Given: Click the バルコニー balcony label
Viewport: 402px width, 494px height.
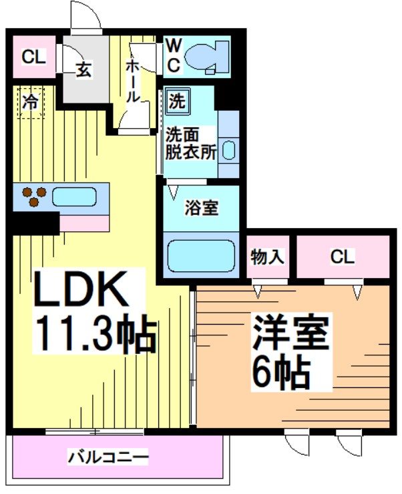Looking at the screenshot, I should pos(107,458).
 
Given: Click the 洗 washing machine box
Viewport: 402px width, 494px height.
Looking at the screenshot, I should pos(177,102).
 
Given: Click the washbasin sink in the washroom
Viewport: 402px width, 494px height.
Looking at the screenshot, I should pos(228,150).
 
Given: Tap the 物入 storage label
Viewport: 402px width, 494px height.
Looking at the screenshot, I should pos(267,256).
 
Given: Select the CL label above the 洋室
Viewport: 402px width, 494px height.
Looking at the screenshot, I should pos(343,256).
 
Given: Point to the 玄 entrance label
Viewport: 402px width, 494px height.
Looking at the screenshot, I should pos(83,69).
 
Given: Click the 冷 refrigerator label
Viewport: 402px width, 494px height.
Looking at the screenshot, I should pos(31,102).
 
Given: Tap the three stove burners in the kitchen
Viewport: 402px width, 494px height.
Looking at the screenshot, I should pos(34,196).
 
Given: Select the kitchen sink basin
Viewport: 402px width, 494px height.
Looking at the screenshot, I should pos(75,197).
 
